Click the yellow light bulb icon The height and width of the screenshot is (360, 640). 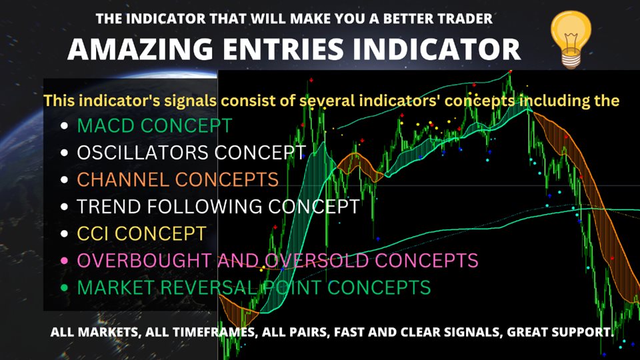[x=571, y=39]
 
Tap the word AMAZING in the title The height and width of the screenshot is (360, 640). [x=140, y=49]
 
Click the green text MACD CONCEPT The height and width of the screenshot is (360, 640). [x=155, y=126]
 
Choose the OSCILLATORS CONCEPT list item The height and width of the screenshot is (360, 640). [x=191, y=153]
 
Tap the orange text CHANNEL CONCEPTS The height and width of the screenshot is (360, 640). [x=178, y=179]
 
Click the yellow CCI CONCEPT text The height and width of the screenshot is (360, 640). [x=141, y=233]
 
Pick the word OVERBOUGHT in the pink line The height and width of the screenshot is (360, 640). [x=145, y=261]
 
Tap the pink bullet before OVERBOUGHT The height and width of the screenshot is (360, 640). [x=64, y=261]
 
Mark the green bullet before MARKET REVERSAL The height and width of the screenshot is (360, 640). [x=64, y=287]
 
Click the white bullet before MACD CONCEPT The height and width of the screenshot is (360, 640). [x=64, y=126]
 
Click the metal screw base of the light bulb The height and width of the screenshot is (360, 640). [x=571, y=61]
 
